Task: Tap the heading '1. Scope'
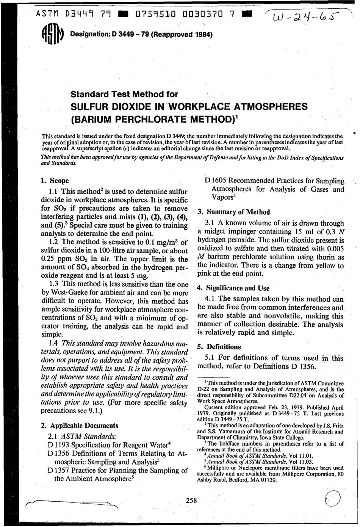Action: pos(55,181)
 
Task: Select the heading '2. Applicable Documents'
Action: pos(79,425)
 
